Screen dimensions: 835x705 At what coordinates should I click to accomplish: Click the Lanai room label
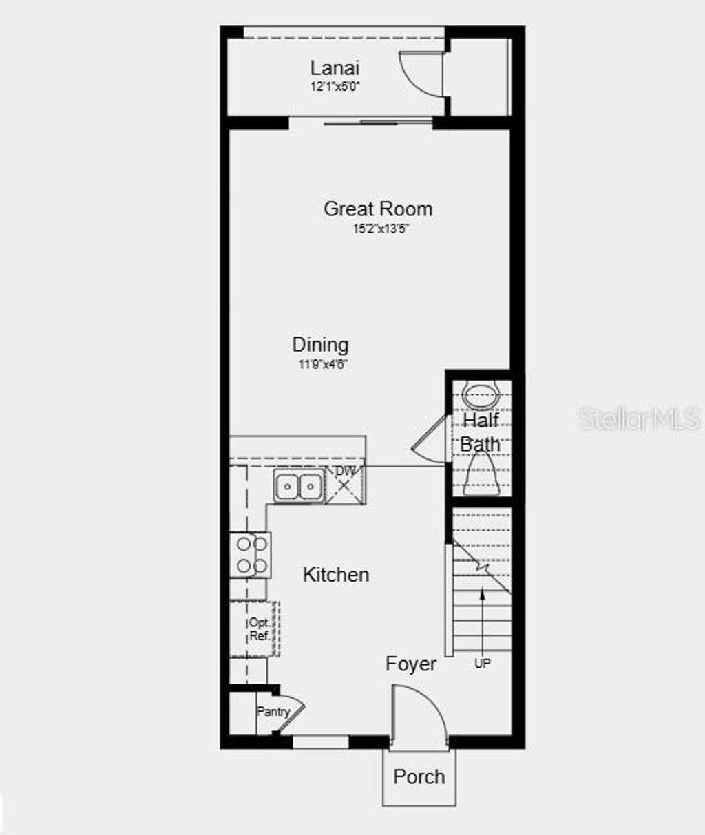(335, 68)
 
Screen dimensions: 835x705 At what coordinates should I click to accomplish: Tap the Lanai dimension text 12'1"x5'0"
(335, 87)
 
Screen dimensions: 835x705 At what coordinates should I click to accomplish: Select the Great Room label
(378, 209)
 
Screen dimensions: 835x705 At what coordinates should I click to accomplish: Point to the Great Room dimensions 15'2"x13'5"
(381, 229)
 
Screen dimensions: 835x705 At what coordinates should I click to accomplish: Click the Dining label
(320, 344)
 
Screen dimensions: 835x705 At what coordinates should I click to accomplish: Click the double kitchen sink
(298, 487)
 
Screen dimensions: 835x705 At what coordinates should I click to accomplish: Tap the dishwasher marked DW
(344, 482)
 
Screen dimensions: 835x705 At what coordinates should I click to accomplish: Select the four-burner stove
(251, 556)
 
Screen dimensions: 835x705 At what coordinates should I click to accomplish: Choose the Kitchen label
(336, 575)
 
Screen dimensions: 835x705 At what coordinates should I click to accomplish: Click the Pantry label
(273, 712)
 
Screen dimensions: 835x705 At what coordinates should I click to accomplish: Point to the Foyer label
(410, 664)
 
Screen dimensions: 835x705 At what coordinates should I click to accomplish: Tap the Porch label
(419, 776)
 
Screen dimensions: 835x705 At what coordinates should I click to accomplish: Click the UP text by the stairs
(482, 664)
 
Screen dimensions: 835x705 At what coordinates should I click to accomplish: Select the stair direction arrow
(482, 620)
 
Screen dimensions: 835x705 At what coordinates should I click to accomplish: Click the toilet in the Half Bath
(481, 478)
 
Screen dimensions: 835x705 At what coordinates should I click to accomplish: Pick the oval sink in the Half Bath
(481, 394)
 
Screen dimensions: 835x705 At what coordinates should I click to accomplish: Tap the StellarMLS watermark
(639, 418)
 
